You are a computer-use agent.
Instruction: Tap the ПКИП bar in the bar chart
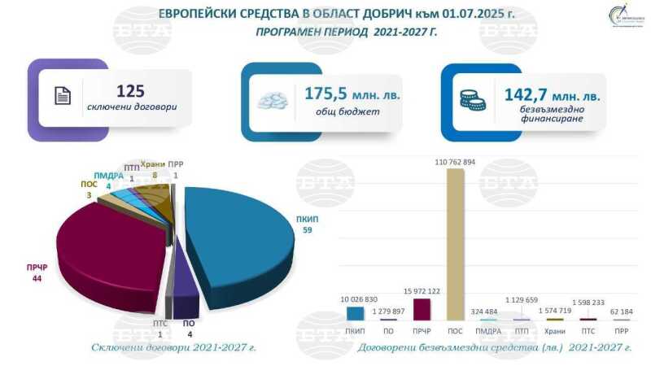coord(356,312)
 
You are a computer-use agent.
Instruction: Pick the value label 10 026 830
coord(356,299)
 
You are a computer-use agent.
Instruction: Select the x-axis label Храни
coord(553,332)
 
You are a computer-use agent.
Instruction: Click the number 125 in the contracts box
coord(130,91)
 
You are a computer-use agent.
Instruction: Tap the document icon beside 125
coord(63,96)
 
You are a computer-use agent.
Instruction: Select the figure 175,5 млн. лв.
coord(352,94)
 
